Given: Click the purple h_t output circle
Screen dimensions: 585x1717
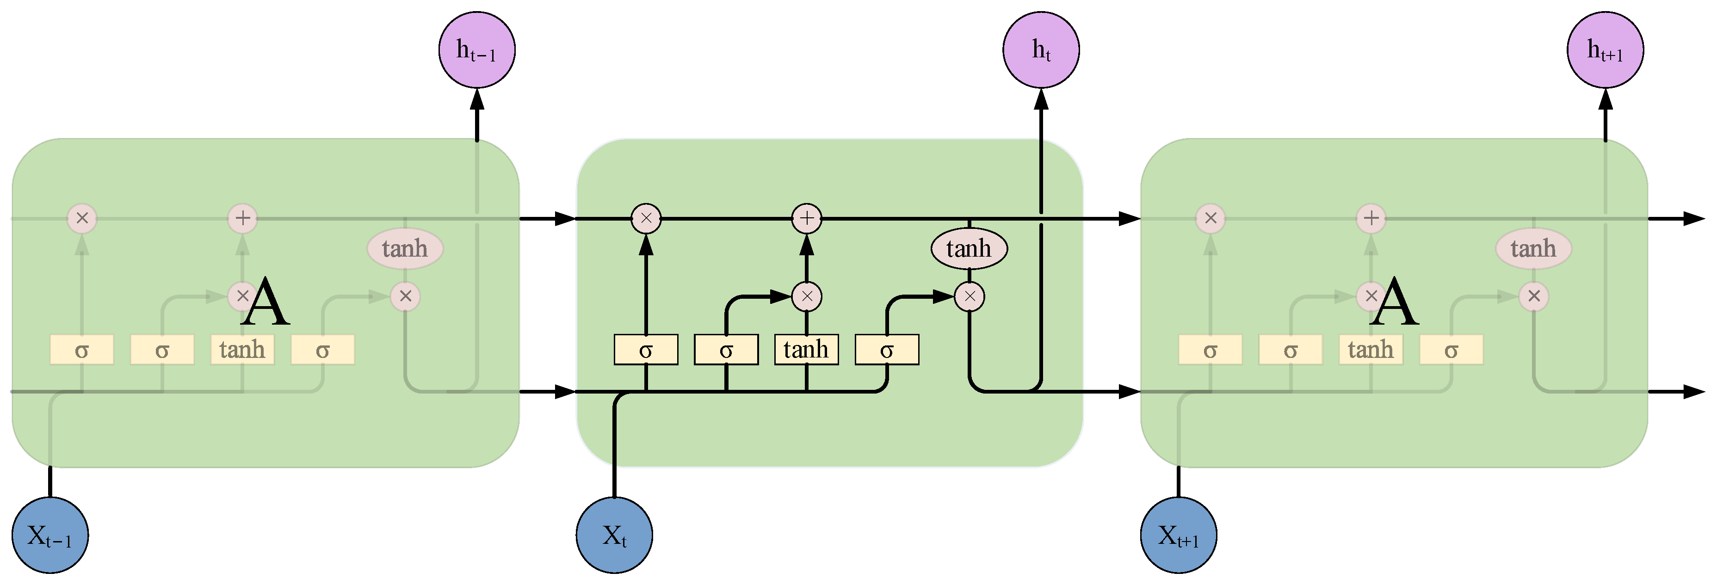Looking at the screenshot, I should (x=1040, y=49).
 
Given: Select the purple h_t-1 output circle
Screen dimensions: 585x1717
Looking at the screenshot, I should (x=476, y=49).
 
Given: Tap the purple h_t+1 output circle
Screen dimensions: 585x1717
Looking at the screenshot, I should (x=1605, y=49).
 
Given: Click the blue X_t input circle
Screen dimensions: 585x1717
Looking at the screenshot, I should (x=614, y=535).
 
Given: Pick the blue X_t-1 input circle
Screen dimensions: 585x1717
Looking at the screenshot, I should (x=50, y=535).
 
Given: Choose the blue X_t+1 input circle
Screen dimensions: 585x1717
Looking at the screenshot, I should (x=1179, y=535).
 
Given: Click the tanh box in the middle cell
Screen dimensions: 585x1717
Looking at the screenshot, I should (x=806, y=349).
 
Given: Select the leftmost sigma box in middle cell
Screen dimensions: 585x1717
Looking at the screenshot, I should (x=646, y=349).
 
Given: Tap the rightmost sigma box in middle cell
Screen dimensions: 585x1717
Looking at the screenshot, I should (x=887, y=349).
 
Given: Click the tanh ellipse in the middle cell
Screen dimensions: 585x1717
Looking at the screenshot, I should (x=969, y=248).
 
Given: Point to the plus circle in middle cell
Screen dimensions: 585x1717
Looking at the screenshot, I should (x=807, y=218).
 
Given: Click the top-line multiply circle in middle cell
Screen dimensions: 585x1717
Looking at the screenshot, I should (x=646, y=218).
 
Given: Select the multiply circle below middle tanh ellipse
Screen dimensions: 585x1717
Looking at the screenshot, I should (x=969, y=296).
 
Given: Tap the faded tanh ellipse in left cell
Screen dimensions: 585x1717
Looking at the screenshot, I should (x=405, y=248).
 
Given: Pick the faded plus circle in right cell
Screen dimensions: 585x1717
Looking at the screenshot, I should (x=1371, y=218).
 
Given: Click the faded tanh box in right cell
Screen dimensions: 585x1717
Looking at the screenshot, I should (x=1371, y=349).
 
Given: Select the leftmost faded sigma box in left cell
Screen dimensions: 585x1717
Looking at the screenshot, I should (x=81, y=349).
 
